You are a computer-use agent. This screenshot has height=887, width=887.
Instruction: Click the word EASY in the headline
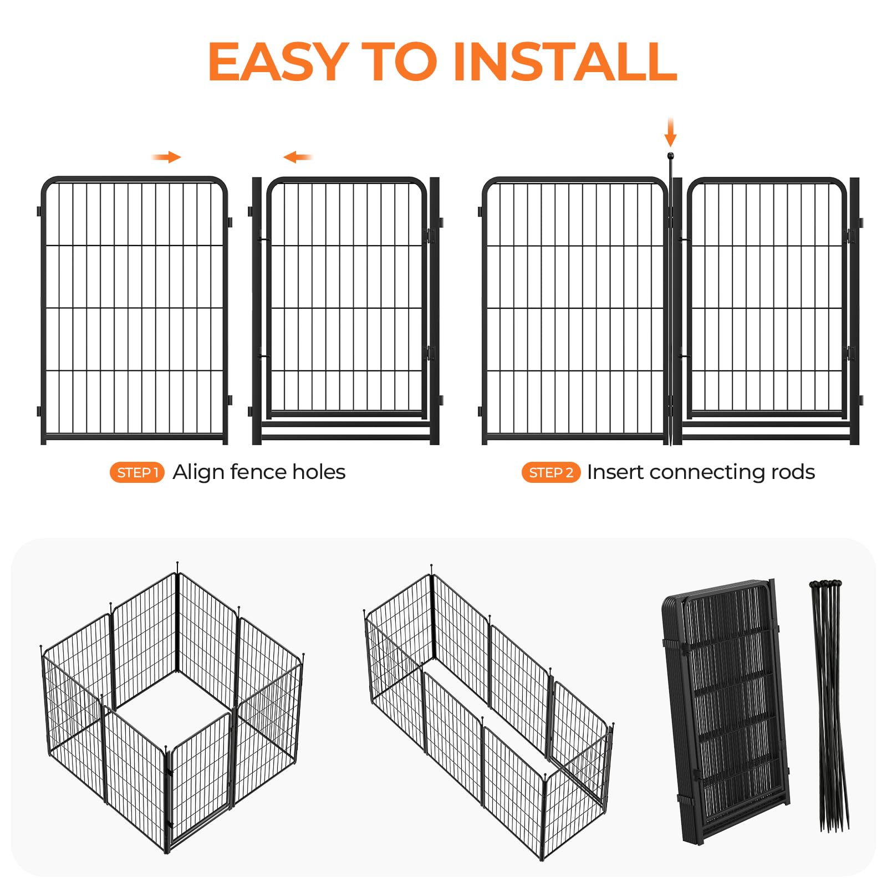click(x=278, y=62)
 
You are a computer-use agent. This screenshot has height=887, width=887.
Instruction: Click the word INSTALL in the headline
click(x=565, y=62)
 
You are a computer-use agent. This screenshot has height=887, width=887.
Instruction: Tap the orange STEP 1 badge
click(x=137, y=472)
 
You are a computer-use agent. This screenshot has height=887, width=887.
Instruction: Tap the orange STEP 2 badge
click(x=550, y=472)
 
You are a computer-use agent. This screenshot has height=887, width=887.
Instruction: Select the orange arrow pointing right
click(x=166, y=157)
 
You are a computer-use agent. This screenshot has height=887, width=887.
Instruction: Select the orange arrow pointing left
click(x=298, y=157)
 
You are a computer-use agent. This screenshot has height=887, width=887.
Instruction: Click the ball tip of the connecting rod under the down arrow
click(x=670, y=156)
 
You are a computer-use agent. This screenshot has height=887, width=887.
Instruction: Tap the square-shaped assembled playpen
click(x=172, y=707)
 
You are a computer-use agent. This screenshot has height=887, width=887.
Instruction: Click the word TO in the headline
click(x=400, y=62)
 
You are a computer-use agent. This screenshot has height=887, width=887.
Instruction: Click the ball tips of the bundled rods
click(x=825, y=584)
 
